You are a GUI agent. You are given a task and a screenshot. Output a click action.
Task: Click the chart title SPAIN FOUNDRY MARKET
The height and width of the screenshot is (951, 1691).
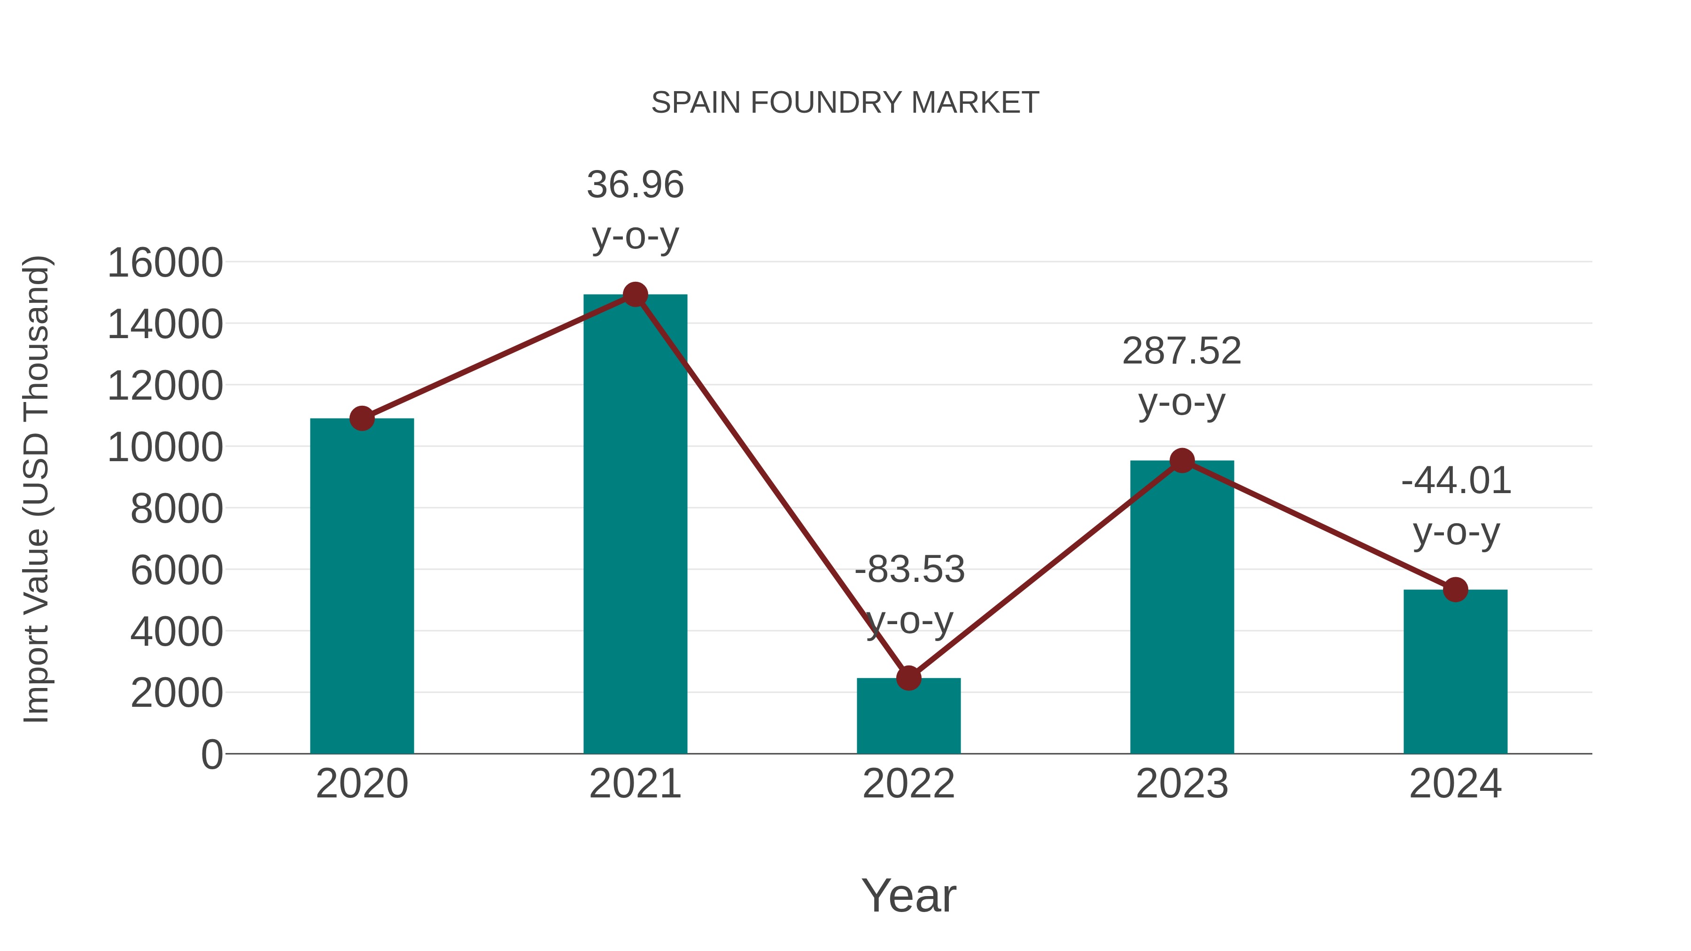coord(845,103)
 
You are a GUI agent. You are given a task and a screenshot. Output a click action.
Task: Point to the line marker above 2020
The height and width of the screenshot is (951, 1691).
coord(362,418)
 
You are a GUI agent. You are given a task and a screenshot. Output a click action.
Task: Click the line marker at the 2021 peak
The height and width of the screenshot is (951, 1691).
coord(635,294)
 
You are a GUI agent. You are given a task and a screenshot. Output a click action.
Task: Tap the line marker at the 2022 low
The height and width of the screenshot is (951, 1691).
coord(908,678)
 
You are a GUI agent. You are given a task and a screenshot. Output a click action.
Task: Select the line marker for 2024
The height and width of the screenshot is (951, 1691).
coord(1455,589)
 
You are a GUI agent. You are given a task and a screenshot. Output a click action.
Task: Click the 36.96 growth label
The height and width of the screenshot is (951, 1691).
coord(635,185)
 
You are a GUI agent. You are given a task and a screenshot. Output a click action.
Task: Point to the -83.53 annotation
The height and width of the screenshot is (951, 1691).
coord(909,569)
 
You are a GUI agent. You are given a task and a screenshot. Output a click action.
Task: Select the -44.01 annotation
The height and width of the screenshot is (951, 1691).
coord(1456,480)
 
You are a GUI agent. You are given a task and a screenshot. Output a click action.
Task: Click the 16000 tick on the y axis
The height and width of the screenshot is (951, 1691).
coord(165,263)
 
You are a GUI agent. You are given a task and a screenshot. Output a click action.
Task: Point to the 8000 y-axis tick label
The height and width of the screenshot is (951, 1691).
coord(177,509)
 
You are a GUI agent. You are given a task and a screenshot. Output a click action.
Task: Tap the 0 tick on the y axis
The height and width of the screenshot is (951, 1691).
coord(211,754)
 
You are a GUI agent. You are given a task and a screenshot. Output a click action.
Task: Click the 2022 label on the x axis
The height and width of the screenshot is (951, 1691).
coord(908,784)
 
